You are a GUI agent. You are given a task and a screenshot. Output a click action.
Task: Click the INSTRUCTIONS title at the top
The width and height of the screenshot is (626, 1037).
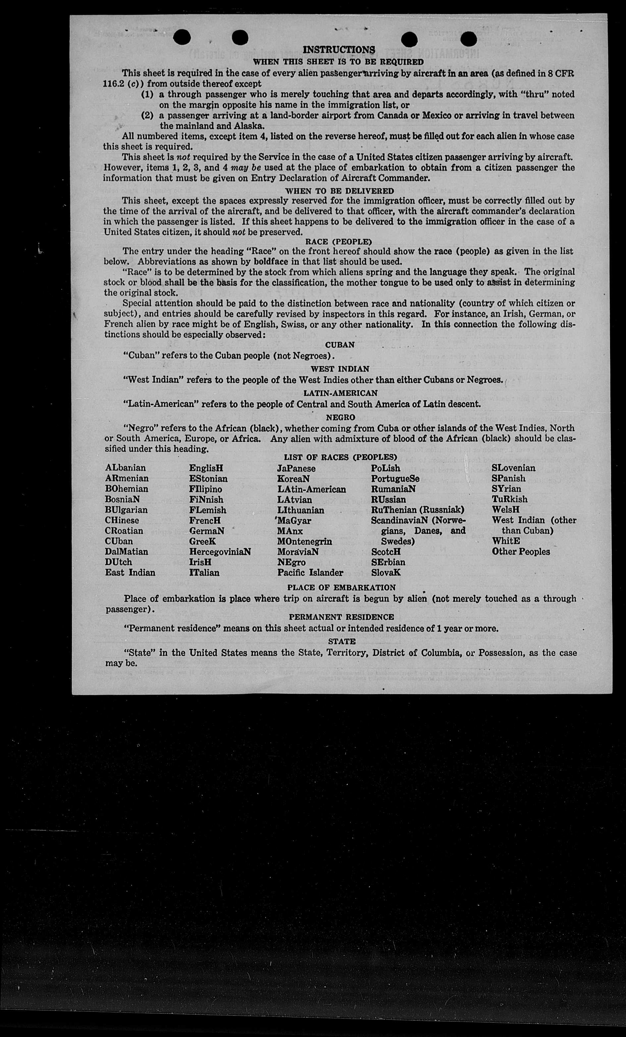[x=339, y=50]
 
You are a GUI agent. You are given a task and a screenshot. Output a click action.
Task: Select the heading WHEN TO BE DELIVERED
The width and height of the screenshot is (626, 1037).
[x=339, y=191]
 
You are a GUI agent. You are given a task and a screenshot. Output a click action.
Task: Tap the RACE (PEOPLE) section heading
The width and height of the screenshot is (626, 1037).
[x=339, y=242]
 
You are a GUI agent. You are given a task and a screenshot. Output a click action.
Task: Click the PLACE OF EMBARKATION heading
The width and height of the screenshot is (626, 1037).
[x=341, y=587]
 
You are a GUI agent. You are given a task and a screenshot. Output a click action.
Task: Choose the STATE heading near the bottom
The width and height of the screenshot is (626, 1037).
[x=341, y=641]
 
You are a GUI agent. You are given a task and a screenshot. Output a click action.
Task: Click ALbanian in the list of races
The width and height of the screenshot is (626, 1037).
[x=126, y=468]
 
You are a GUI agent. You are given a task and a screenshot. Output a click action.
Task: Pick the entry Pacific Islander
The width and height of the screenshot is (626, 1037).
[x=310, y=572]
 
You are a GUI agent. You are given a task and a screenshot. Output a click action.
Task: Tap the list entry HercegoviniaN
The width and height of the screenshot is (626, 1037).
[x=220, y=551]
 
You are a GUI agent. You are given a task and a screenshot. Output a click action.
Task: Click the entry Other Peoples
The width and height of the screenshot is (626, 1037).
[x=521, y=551]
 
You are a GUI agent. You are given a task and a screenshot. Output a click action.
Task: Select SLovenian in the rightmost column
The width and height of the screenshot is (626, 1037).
[x=513, y=468]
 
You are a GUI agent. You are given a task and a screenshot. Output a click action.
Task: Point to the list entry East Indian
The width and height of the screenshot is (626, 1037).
[x=130, y=572]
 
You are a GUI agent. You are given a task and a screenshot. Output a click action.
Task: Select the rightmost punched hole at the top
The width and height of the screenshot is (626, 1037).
[x=469, y=39]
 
